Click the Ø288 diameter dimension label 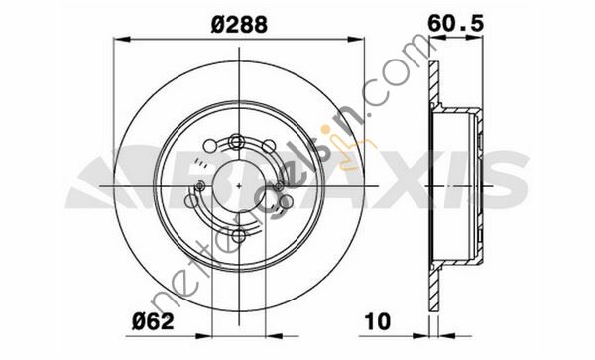(x=239, y=24)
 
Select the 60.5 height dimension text (x=456, y=24)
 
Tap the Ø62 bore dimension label (x=153, y=321)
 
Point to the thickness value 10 (x=377, y=321)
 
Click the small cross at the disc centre (x=239, y=185)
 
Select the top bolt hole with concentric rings (x=237, y=142)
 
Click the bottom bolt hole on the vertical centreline (x=238, y=236)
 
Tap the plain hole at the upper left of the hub (x=210, y=146)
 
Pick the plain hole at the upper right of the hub (x=269, y=146)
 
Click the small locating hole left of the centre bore (x=200, y=185)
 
